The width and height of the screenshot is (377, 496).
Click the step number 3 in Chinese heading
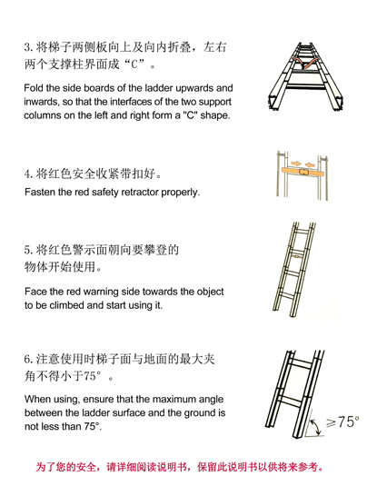point(27,47)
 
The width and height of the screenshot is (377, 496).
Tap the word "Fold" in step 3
point(34,87)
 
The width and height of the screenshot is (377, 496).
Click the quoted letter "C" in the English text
point(191,115)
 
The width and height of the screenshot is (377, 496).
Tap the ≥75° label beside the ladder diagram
point(342,422)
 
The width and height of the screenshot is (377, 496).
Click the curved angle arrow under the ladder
point(316,426)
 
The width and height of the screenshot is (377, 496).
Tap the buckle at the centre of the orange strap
point(303,172)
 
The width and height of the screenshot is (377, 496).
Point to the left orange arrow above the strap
point(296,164)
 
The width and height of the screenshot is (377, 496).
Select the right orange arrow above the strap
point(311,164)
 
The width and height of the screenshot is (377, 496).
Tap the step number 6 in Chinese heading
point(28,360)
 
